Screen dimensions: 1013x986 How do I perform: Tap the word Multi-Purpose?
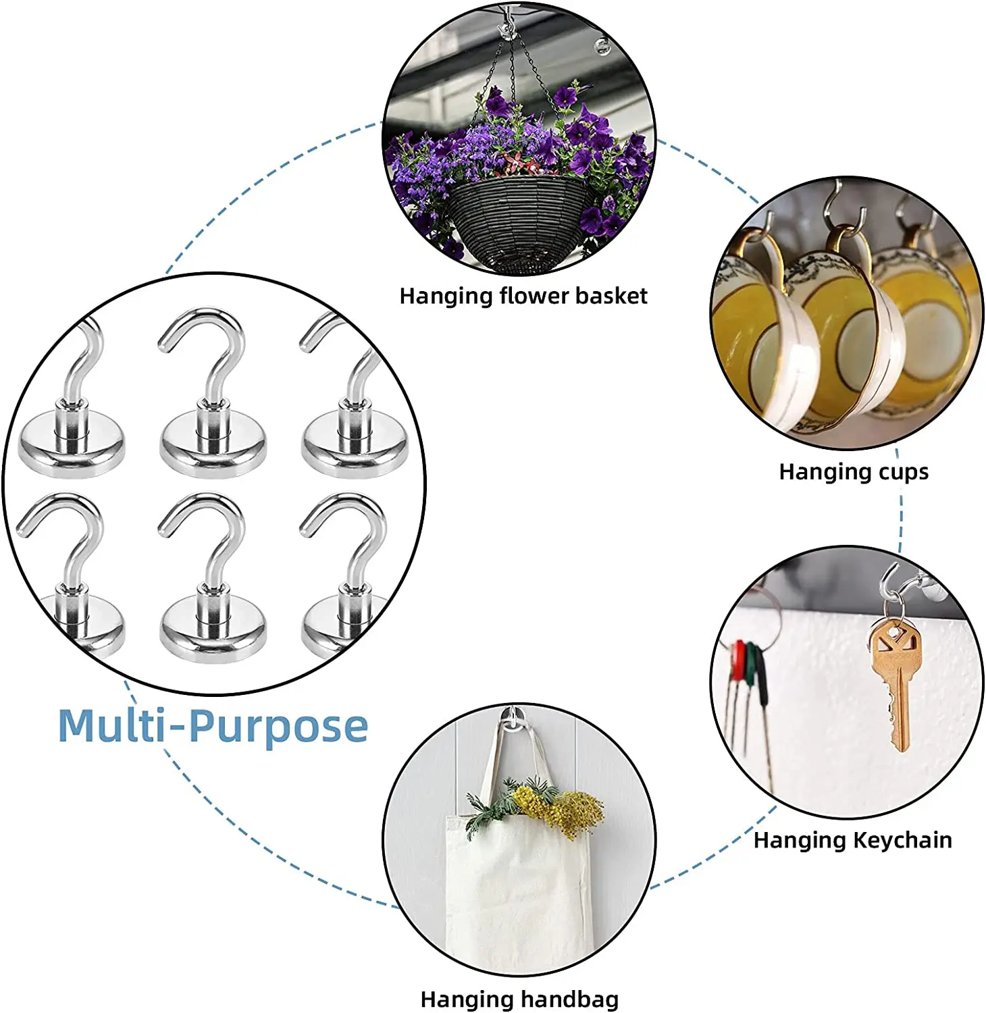(213, 726)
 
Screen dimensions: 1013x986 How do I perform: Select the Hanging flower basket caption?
(523, 296)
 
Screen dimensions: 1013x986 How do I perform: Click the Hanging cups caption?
(854, 471)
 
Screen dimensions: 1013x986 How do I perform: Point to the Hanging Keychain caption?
(852, 840)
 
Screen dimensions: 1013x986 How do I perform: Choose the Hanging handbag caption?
(519, 999)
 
